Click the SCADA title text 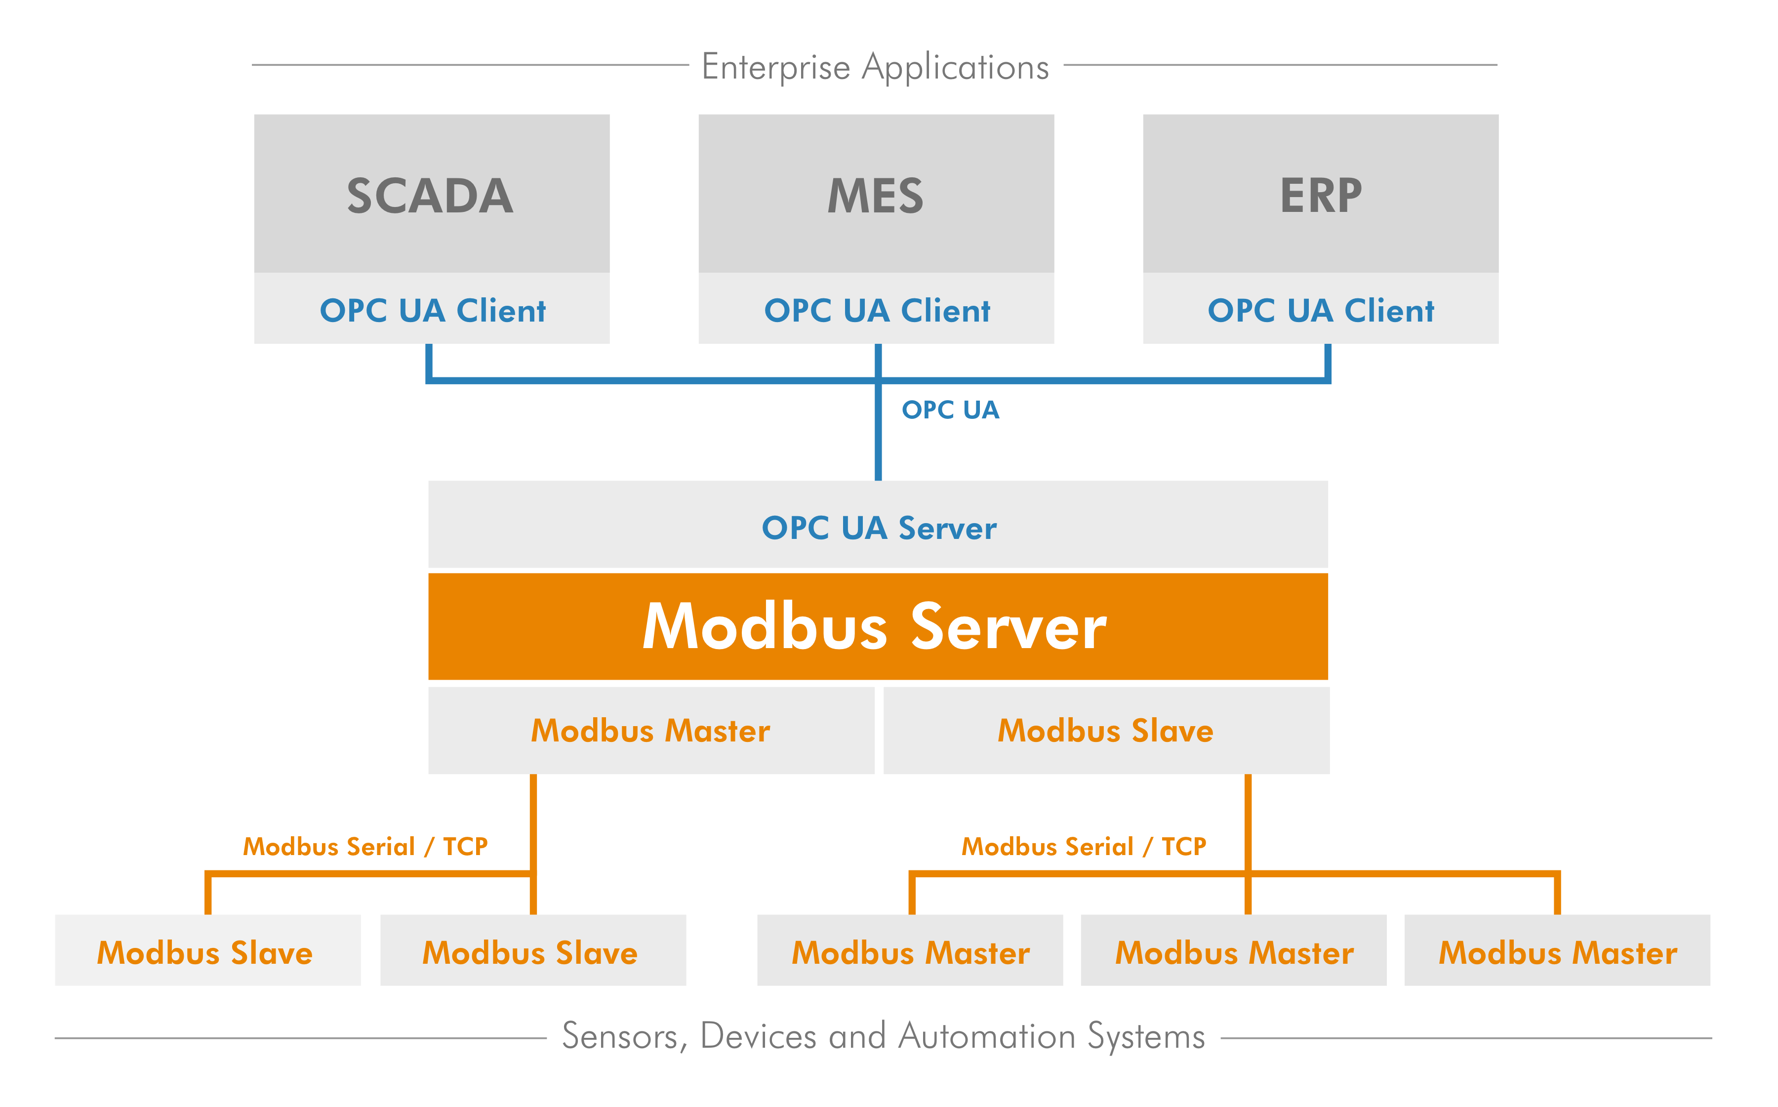tap(430, 196)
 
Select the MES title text tap(876, 196)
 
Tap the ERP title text tap(1321, 196)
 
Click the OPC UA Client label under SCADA tap(433, 310)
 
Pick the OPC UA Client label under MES tap(877, 310)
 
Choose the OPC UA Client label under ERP tap(1321, 310)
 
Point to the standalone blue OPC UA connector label tap(950, 410)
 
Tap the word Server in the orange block tap(1008, 627)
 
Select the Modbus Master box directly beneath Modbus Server tap(651, 731)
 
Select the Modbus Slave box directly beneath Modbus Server tap(1105, 731)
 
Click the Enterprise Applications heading tap(876, 67)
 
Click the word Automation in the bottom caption tap(987, 1037)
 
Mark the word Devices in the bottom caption tap(758, 1037)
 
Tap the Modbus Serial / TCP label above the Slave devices tap(365, 846)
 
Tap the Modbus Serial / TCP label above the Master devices tap(1083, 846)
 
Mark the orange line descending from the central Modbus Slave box tap(1248, 820)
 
